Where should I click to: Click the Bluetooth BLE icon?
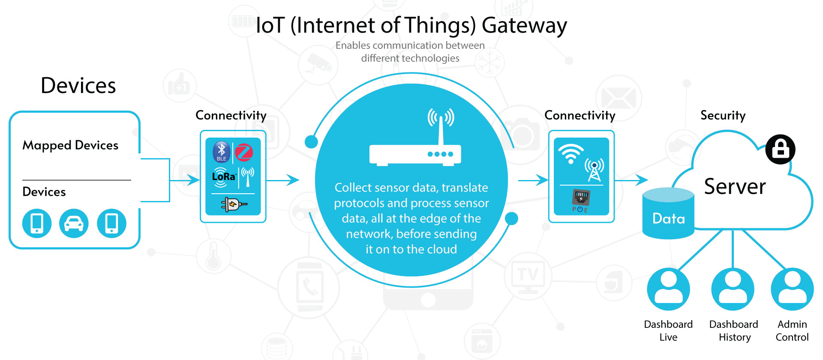point(221,152)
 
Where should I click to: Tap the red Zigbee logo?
point(244,153)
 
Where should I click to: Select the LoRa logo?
point(223,177)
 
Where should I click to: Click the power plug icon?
point(233,204)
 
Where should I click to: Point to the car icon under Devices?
point(74,223)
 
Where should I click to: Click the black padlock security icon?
point(781,150)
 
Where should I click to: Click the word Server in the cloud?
point(735,187)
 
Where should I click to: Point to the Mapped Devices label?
point(70,145)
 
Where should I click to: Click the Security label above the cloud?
point(723,115)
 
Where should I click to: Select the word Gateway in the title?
point(524,25)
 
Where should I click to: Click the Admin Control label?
point(792,330)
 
